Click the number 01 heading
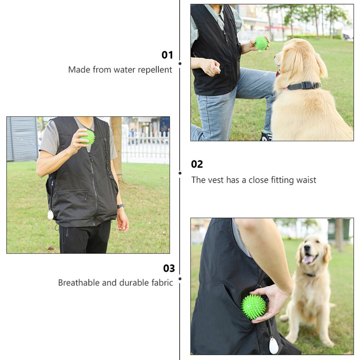coord(167,55)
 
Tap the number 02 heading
coord(197,164)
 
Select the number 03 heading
coord(169,268)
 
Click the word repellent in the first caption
coord(155,70)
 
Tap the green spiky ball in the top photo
coord(261,43)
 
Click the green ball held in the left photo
coord(88,137)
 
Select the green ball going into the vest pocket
coord(253,307)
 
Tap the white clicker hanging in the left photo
coord(50,214)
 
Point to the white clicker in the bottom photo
coord(274,346)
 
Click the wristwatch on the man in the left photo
coord(120,206)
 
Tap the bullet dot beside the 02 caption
coord(180,173)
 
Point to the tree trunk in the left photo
coord(117,146)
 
